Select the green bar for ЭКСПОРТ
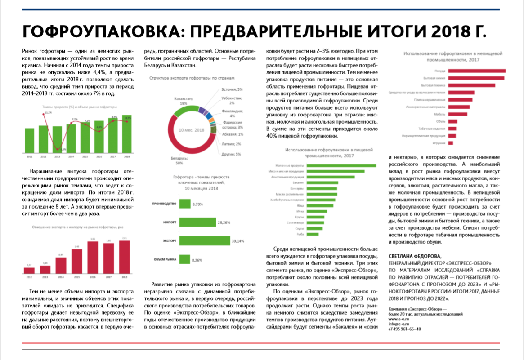[x=204, y=241]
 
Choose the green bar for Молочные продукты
[x=341, y=166]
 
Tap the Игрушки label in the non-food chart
[x=439, y=143]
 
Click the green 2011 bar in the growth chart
[x=29, y=141]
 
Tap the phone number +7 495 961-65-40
[x=405, y=329]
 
